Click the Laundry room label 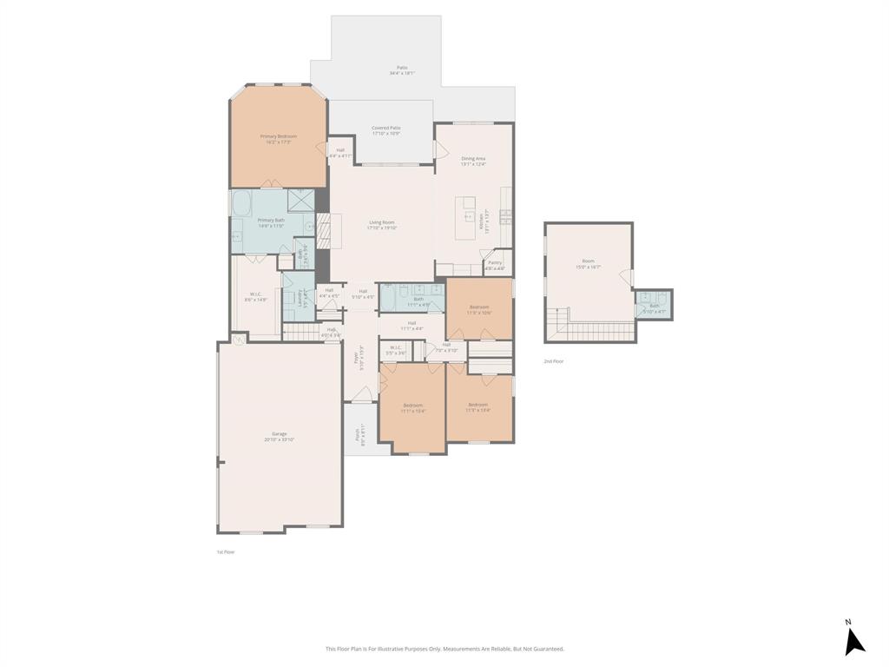(294, 298)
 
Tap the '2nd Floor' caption (553, 360)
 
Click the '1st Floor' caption (225, 551)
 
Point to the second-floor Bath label (654, 303)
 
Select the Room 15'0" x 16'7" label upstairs (588, 264)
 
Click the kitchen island (465, 217)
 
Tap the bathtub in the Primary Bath (241, 204)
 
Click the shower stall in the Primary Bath (300, 200)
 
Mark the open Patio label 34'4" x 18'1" (402, 70)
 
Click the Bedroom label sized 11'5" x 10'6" (479, 309)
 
